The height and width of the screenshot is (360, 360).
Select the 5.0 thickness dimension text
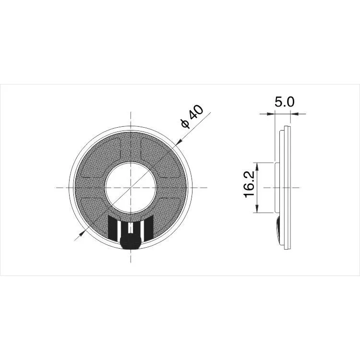tap(284, 102)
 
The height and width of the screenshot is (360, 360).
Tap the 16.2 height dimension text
tap(249, 187)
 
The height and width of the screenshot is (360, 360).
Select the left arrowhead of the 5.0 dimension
tap(271, 114)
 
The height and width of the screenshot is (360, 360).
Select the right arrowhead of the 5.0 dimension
tap(295, 114)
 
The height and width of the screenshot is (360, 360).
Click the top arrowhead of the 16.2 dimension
tap(258, 166)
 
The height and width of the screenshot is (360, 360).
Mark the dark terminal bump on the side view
tap(279, 229)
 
